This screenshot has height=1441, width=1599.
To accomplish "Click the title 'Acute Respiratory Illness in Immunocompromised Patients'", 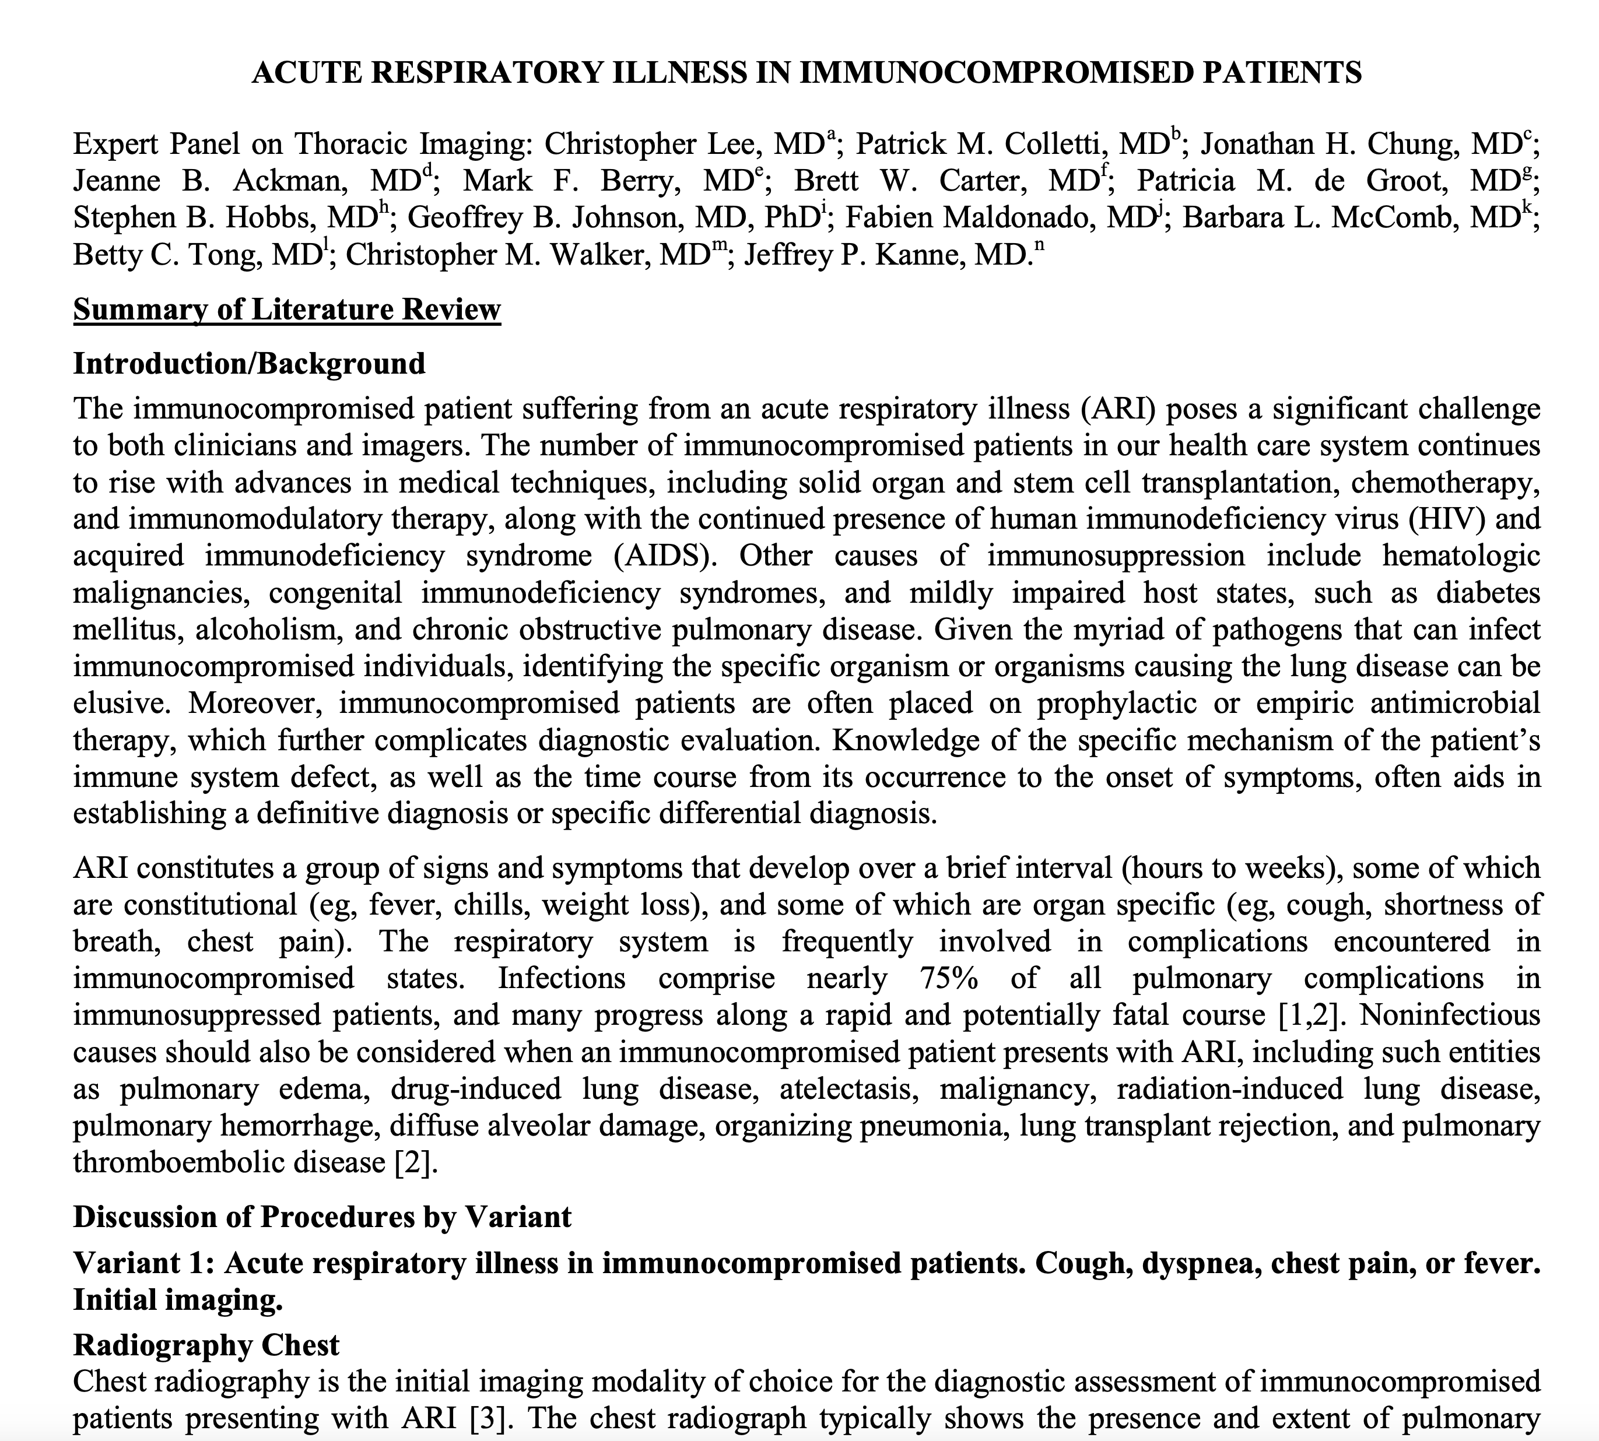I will click(x=806, y=72).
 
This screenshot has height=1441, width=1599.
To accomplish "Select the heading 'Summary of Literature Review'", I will click(x=287, y=309).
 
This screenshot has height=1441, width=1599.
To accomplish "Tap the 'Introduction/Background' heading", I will click(x=250, y=363).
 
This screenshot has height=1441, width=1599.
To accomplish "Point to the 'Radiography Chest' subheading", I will click(x=206, y=1344).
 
